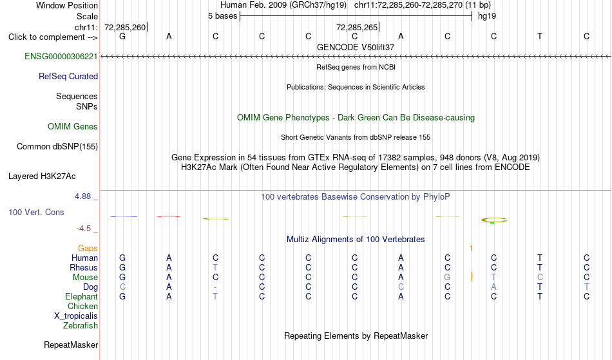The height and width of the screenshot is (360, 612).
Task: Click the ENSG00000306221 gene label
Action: click(x=61, y=57)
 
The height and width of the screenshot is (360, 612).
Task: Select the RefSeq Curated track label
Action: click(x=68, y=77)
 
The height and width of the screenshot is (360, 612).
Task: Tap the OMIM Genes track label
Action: click(x=73, y=127)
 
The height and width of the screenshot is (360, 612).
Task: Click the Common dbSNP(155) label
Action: click(x=57, y=147)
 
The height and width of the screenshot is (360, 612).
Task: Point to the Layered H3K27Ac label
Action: click(x=42, y=176)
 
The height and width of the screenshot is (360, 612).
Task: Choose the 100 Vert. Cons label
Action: click(x=36, y=212)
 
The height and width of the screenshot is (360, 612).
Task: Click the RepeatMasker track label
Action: click(x=71, y=345)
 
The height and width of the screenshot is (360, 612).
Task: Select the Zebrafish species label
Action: click(x=81, y=326)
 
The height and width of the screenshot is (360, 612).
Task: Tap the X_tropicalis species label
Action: click(x=76, y=316)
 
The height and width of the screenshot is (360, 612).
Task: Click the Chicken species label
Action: click(x=82, y=306)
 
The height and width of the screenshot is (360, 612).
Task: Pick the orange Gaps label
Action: click(x=88, y=249)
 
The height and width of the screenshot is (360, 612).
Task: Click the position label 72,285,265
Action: click(x=357, y=28)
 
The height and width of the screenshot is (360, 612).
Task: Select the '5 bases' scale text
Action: click(x=222, y=16)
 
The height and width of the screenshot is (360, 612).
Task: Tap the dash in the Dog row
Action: click(x=215, y=288)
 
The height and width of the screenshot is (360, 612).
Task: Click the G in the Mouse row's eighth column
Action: click(x=447, y=278)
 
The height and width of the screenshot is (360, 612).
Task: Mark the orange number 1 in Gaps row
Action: click(x=471, y=249)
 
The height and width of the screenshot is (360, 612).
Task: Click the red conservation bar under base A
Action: click(x=169, y=216)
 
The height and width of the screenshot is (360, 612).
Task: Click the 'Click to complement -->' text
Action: click(x=53, y=37)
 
